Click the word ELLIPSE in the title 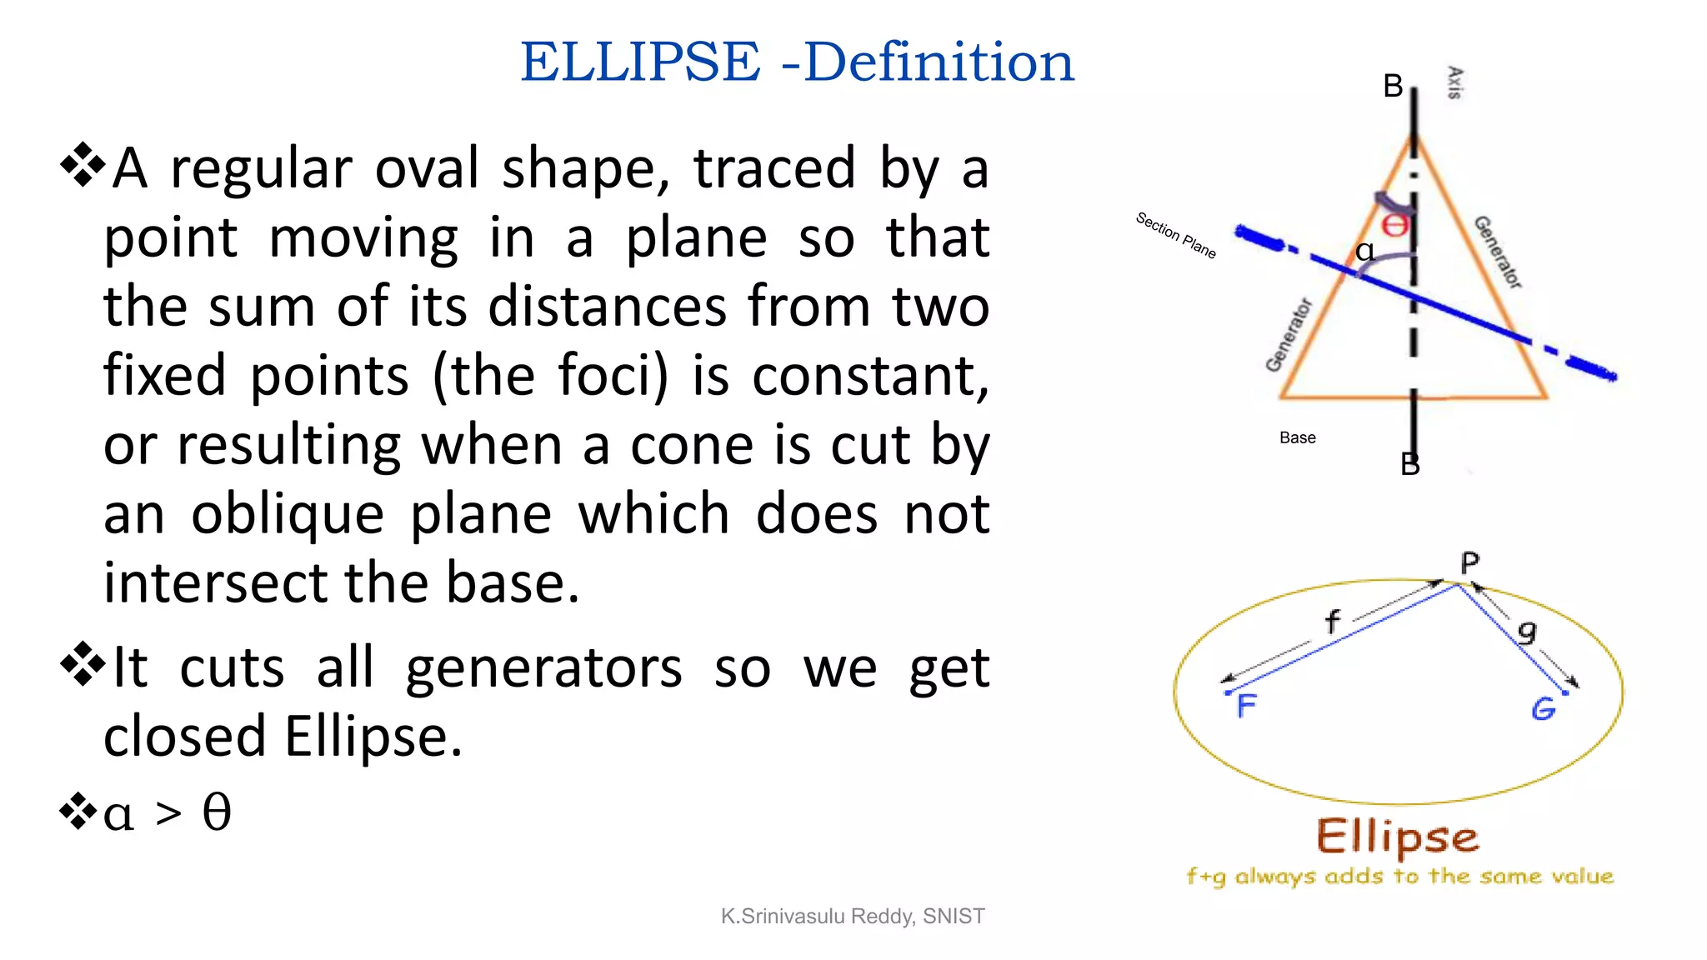(x=640, y=62)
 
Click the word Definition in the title (x=939, y=62)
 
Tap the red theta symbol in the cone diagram (x=1395, y=225)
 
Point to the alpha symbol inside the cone (x=1364, y=250)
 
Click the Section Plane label (x=1176, y=235)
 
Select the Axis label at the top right (x=1454, y=82)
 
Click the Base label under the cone (x=1297, y=437)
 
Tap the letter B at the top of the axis (x=1393, y=86)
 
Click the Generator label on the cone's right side (x=1498, y=252)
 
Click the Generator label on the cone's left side (x=1289, y=335)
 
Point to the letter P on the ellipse (x=1469, y=563)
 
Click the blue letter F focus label (x=1246, y=706)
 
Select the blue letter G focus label (x=1543, y=708)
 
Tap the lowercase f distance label (x=1332, y=621)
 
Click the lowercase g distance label (x=1526, y=631)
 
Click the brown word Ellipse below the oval (x=1398, y=837)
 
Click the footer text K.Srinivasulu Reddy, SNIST (x=853, y=916)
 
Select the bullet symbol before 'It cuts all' (x=83, y=664)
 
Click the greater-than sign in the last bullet (x=168, y=812)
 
